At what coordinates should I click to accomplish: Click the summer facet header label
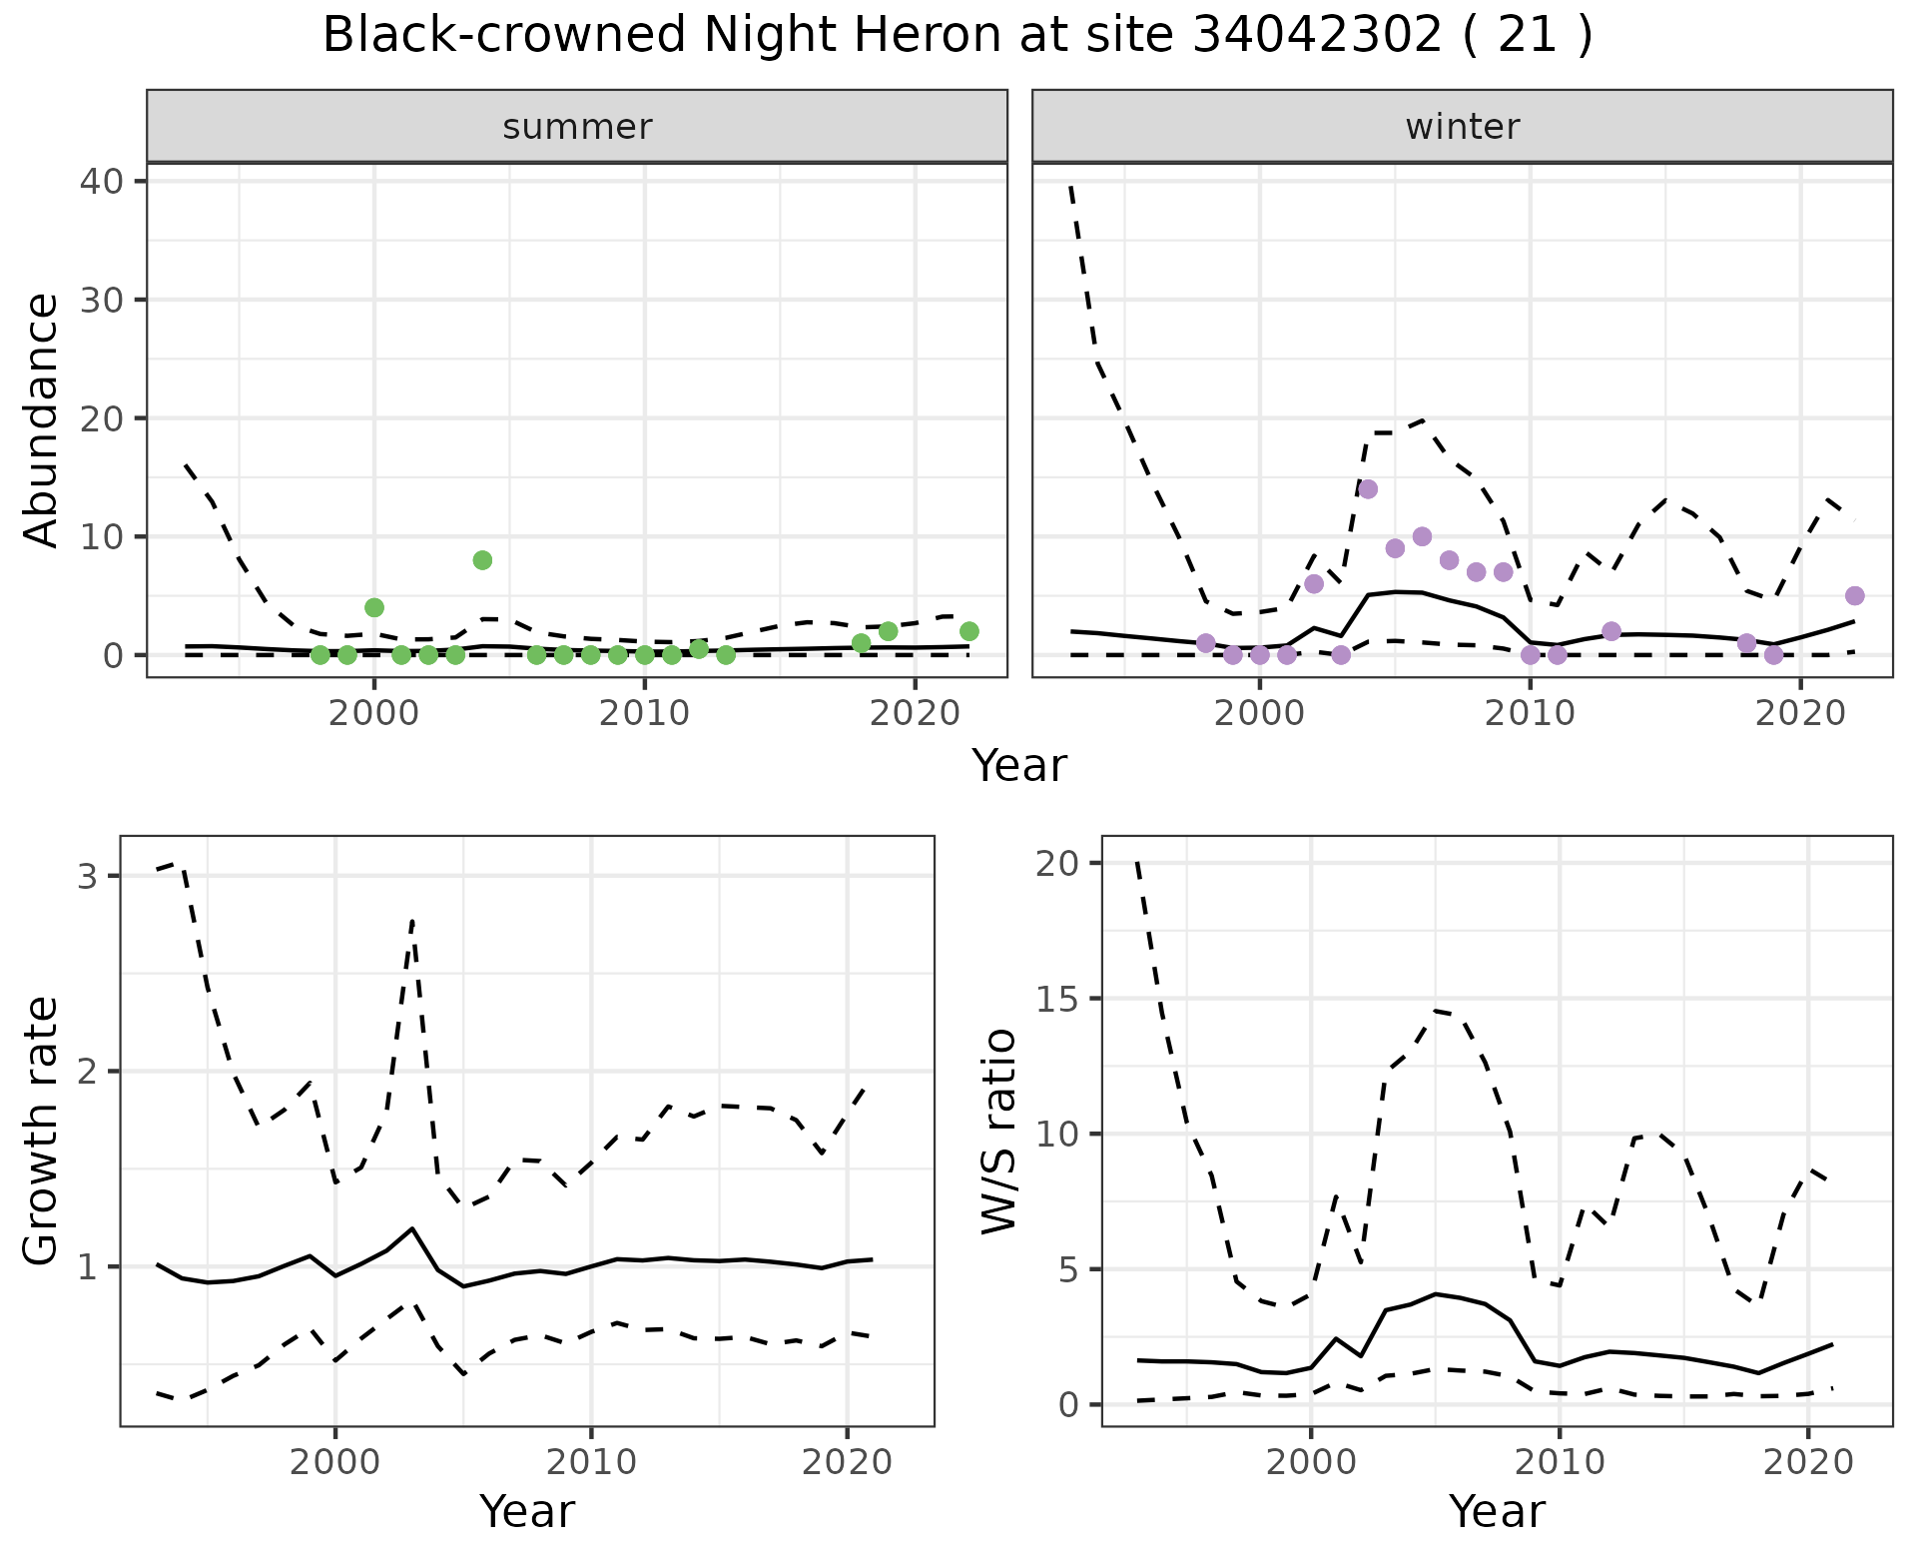coord(577,127)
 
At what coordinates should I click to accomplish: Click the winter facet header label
coord(1462,127)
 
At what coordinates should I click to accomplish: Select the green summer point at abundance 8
coord(482,560)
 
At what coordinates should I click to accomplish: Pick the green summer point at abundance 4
coord(374,607)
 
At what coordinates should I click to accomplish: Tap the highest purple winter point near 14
coord(1368,489)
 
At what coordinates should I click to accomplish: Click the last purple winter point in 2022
coord(1854,596)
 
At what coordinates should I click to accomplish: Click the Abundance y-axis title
coord(42,419)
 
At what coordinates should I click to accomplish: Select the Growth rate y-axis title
coord(42,1131)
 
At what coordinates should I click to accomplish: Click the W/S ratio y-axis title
coord(998,1131)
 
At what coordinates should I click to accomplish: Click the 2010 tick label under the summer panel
coord(645,714)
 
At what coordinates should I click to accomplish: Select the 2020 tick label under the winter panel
coord(1799,714)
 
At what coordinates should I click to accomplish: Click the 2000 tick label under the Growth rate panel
coord(335,1463)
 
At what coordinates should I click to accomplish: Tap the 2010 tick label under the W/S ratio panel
coord(1559,1463)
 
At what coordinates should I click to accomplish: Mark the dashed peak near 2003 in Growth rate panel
coord(412,921)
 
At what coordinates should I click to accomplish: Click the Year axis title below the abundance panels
coord(1019,766)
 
